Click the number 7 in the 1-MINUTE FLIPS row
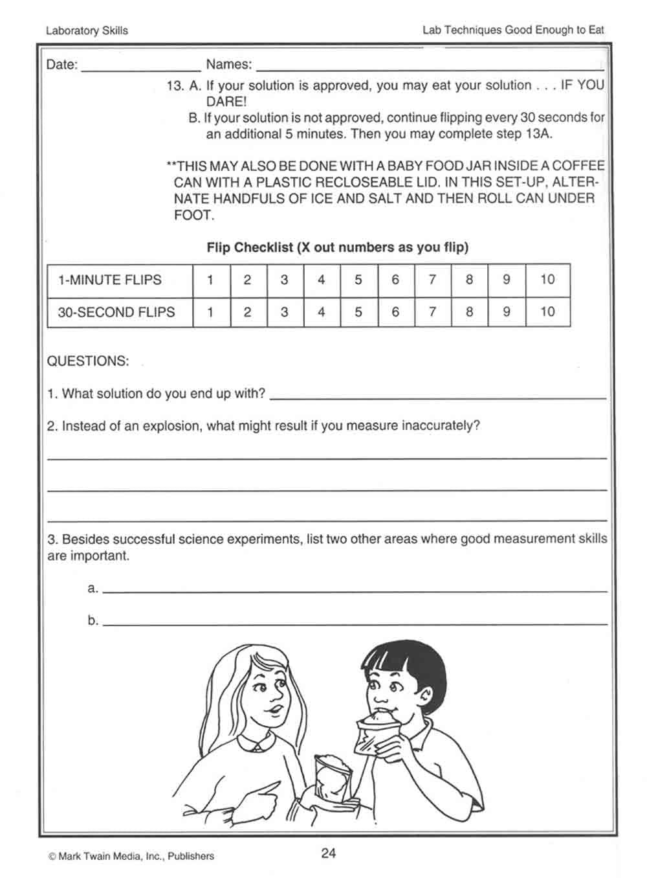coord(432,280)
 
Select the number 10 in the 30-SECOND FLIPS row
coord(547,311)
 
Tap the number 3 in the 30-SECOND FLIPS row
coord(284,311)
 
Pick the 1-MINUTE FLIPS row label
coord(110,280)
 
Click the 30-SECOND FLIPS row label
coord(116,311)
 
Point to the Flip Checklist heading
coord(337,247)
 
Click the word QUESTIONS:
coord(88,361)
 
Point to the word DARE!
coord(226,101)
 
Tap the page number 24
coord(329,853)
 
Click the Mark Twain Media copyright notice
coord(131,856)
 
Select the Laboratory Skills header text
coord(87,30)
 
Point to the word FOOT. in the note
coord(193,214)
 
